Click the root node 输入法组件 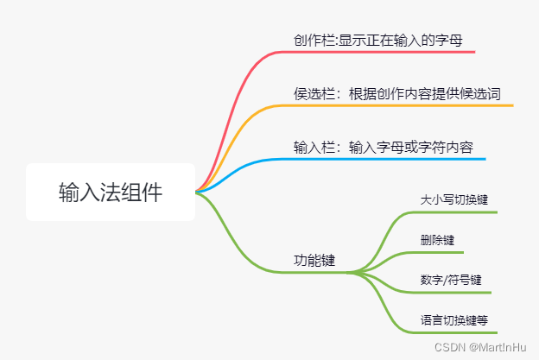110,192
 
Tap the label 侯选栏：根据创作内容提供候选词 396,93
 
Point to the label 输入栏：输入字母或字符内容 383,147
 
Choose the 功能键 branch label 314,260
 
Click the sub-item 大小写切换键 453,199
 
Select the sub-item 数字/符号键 450,280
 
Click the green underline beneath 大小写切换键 458,212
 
